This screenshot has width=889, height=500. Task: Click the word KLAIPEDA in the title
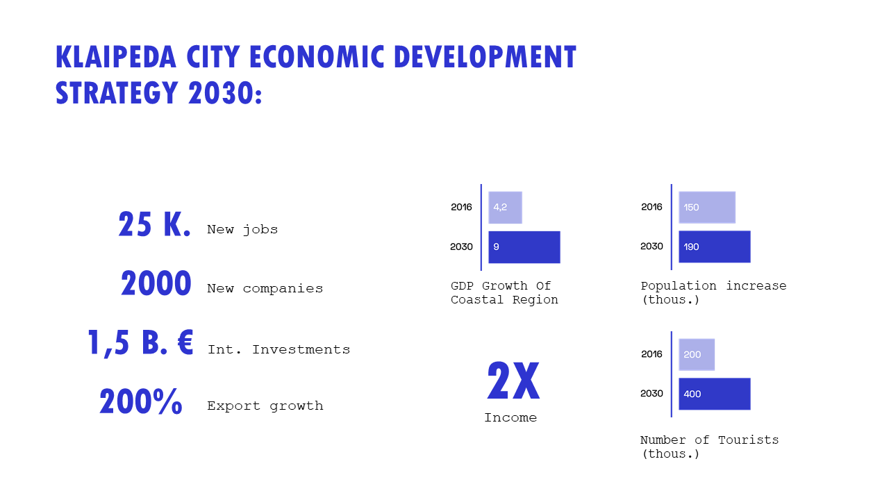click(116, 57)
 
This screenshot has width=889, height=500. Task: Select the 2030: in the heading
click(225, 93)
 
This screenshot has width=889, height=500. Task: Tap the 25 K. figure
click(154, 224)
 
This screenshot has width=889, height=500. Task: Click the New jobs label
click(242, 229)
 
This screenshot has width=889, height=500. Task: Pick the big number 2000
click(156, 283)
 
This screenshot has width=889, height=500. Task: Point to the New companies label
click(265, 288)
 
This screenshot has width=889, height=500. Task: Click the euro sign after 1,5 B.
click(185, 342)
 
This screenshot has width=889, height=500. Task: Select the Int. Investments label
click(279, 349)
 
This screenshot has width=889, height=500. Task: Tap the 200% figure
click(140, 401)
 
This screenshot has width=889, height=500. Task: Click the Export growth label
click(265, 406)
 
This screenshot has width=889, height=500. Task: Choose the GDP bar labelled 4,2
click(505, 208)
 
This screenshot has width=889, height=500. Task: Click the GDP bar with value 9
click(524, 247)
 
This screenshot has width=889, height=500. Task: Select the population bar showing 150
click(707, 207)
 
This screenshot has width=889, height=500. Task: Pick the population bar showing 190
click(715, 247)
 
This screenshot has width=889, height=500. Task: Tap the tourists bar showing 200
click(697, 354)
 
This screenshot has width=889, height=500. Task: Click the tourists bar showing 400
click(715, 394)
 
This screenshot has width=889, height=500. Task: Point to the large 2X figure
click(513, 381)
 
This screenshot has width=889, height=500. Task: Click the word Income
click(510, 417)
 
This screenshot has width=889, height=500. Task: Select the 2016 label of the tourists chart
click(651, 354)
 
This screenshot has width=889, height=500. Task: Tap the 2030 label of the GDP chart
click(461, 247)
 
